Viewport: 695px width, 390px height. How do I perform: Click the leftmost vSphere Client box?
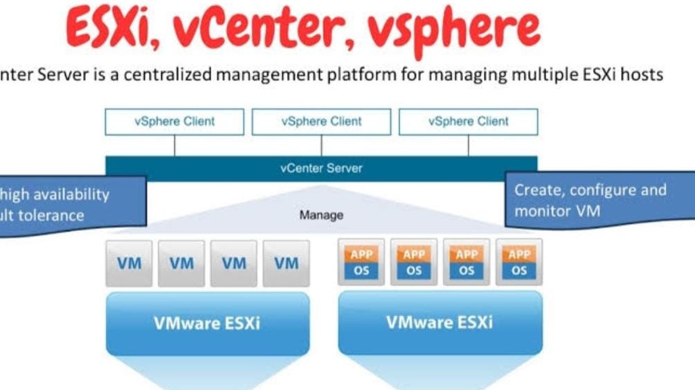(174, 122)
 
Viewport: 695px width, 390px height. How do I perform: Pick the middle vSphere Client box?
(321, 122)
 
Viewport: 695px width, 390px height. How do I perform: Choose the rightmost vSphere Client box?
(468, 122)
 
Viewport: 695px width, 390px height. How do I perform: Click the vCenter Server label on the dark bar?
(321, 168)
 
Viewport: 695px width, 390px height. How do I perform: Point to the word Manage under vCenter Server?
(321, 215)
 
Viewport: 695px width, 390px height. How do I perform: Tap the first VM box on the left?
(129, 263)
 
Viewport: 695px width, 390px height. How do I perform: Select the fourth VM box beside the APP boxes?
(286, 263)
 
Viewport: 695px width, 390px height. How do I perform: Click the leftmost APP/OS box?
(361, 263)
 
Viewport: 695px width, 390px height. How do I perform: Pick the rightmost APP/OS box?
(518, 263)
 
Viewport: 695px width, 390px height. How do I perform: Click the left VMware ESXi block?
(208, 323)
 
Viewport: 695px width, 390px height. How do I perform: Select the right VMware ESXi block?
(440, 323)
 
